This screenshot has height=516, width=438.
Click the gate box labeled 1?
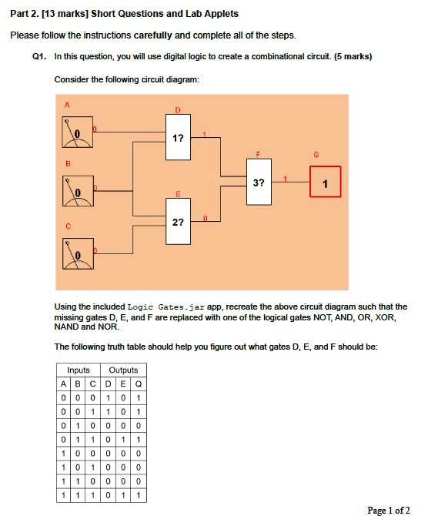coord(178,138)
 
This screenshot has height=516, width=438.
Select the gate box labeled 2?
coord(178,222)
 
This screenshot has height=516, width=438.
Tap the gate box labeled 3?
coord(259,183)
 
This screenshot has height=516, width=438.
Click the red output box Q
coord(325,183)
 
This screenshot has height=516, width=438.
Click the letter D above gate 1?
coord(178,111)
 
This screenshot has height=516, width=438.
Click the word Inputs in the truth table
coord(79,370)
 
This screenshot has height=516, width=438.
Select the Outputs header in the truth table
coord(123,370)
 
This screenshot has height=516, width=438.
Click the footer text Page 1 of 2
coord(389,510)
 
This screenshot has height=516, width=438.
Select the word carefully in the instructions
coord(156,35)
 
